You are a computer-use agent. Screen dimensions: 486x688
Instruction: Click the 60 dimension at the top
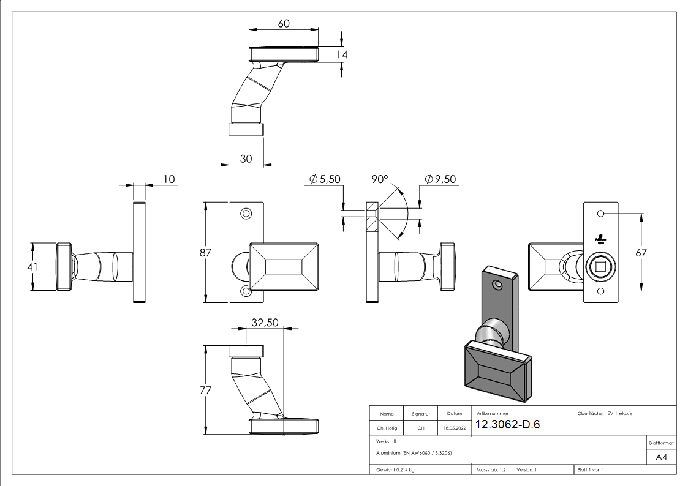[x=284, y=24]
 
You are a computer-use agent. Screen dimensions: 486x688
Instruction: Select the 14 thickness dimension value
[x=342, y=54]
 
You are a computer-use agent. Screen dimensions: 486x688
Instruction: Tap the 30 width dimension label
[x=246, y=159]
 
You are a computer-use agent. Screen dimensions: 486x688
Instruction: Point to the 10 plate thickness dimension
[x=169, y=179]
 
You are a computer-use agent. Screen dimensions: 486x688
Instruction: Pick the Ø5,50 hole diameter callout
[x=325, y=179]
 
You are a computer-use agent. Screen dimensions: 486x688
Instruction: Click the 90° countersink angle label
[x=380, y=179]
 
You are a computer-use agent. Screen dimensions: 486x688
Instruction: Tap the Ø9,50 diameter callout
[x=440, y=179]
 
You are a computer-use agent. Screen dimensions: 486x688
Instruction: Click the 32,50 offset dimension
[x=265, y=323]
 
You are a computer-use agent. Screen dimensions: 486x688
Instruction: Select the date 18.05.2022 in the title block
[x=455, y=428]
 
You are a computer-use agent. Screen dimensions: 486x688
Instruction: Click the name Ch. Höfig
[x=387, y=428]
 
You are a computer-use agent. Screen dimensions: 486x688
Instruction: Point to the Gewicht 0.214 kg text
[x=395, y=469]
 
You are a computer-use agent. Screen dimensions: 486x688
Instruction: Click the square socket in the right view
[x=600, y=267]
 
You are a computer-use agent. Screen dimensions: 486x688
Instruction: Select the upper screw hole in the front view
[x=246, y=214]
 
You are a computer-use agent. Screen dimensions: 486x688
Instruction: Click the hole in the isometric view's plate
[x=497, y=285]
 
